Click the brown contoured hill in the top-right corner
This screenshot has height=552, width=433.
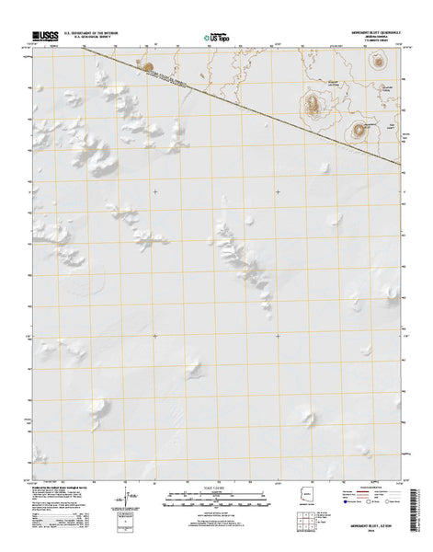377,62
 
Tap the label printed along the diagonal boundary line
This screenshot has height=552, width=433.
170,81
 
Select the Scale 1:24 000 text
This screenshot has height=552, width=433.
214,488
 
